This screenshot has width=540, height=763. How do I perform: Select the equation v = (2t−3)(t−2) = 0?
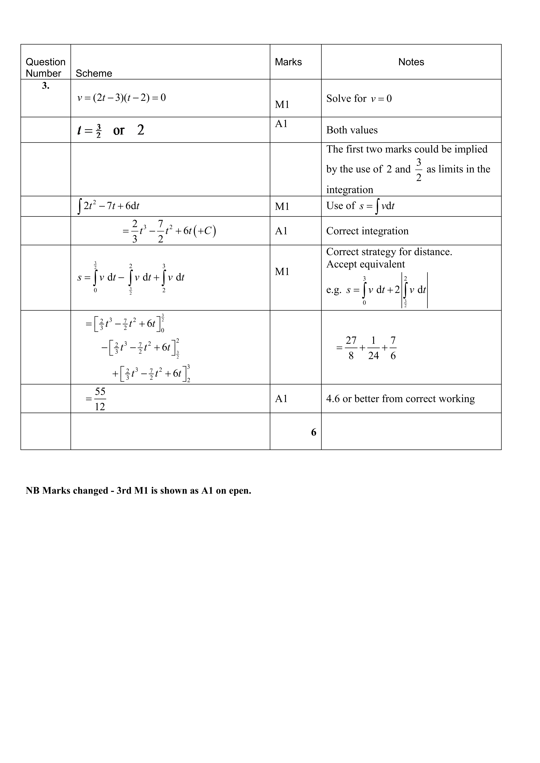(121, 98)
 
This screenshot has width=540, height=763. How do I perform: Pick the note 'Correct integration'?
(367, 231)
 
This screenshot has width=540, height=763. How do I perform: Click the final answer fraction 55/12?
(100, 399)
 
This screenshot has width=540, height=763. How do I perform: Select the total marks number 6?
(314, 432)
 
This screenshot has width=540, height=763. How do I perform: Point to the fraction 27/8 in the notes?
(351, 348)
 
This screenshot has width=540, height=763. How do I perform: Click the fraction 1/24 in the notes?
(373, 348)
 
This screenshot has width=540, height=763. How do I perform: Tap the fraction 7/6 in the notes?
(393, 348)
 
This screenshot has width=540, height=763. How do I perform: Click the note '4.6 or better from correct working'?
(400, 399)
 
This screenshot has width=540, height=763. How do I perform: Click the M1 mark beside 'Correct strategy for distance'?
(282, 272)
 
